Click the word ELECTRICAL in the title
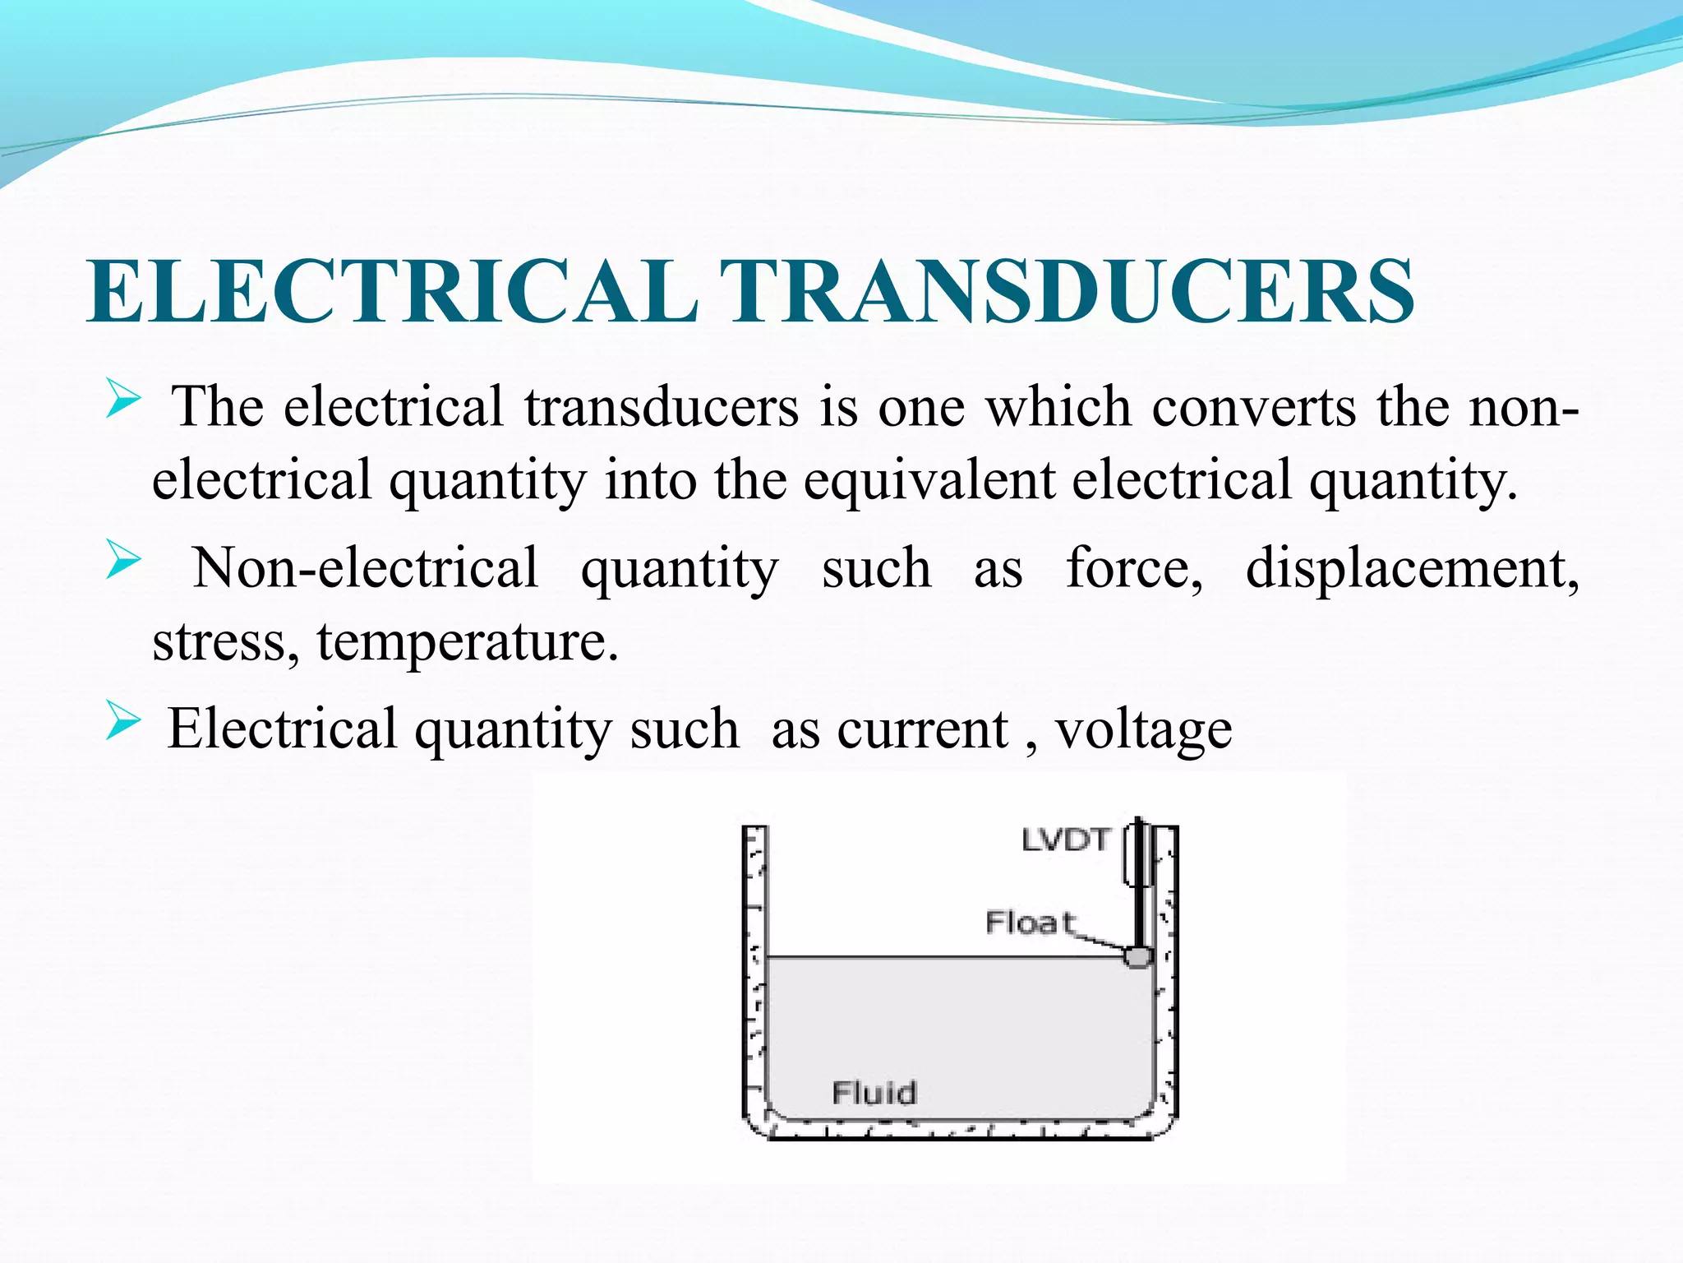(393, 292)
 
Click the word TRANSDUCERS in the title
(1067, 292)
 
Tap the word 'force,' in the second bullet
(1134, 567)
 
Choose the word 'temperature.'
(468, 641)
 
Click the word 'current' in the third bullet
(922, 729)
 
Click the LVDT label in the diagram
(1066, 840)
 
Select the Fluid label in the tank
(874, 1093)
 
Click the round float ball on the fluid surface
(1138, 956)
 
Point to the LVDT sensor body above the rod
(1137, 855)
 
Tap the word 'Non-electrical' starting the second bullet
(366, 567)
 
